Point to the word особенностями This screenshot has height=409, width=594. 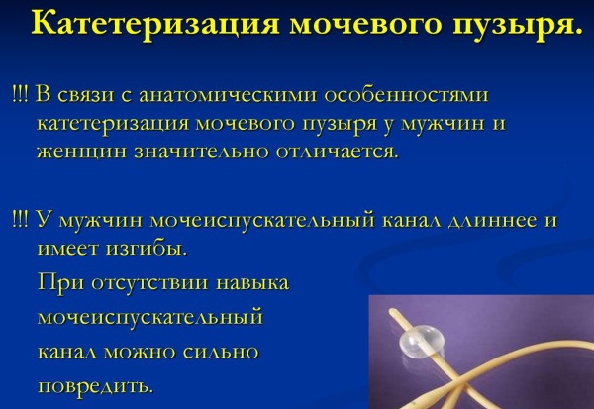(407, 95)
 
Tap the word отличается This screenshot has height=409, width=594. (338, 152)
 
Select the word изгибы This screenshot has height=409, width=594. (147, 249)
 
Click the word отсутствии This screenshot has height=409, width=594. (150, 283)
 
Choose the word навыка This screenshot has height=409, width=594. (252, 283)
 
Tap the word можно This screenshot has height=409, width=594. (140, 353)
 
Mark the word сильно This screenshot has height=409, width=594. (221, 353)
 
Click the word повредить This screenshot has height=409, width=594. (96, 386)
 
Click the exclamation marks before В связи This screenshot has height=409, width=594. (20, 94)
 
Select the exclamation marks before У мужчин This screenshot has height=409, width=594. (20, 220)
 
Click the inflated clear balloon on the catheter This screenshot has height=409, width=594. (421, 341)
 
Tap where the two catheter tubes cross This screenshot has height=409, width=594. (459, 380)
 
